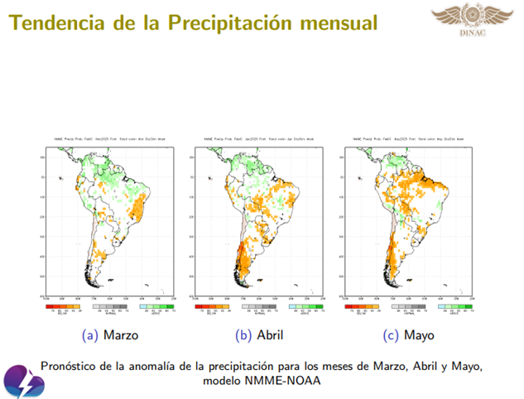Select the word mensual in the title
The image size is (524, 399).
pyautogui.click(x=331, y=22)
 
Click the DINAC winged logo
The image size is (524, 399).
pyautogui.click(x=471, y=20)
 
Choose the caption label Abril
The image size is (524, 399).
pyautogui.click(x=263, y=335)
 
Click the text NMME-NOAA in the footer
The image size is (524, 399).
pyautogui.click(x=286, y=382)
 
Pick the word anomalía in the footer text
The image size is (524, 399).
pyautogui.click(x=171, y=365)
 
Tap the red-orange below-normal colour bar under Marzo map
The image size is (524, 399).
pyautogui.click(x=61, y=305)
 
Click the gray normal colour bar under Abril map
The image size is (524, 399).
pyautogui.click(x=264, y=305)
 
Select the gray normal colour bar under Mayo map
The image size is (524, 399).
pyautogui.click(x=413, y=305)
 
